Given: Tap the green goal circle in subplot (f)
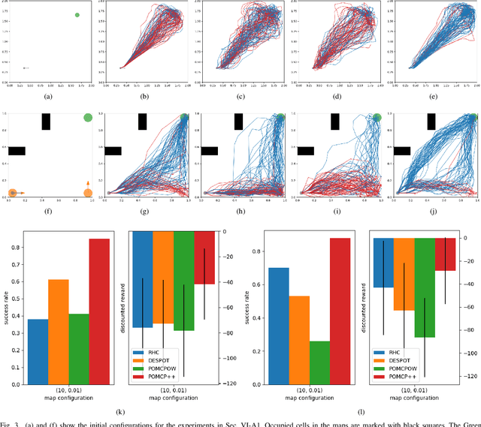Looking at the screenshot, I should coord(88,117).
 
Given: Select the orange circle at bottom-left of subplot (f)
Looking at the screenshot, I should coord(12,193).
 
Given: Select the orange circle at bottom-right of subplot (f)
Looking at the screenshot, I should coord(88,193).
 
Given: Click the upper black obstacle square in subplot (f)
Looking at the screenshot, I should coord(46,122).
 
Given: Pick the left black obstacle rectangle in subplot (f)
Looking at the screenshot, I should coord(17,151).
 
